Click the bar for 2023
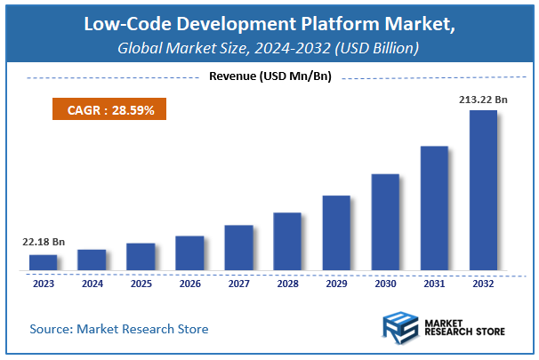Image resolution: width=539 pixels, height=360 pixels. click(x=43, y=261)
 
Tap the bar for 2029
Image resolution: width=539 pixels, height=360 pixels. click(x=335, y=232)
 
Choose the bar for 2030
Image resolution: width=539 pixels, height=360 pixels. click(x=384, y=221)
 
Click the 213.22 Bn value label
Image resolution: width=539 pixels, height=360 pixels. click(x=483, y=100)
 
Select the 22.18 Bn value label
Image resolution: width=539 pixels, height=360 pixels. click(x=44, y=242)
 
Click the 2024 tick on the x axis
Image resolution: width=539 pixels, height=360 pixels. click(x=92, y=284)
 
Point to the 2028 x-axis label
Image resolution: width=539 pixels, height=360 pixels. click(x=286, y=284)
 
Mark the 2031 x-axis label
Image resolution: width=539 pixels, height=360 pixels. click(x=433, y=284)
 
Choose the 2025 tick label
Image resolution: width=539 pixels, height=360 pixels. click(x=141, y=284)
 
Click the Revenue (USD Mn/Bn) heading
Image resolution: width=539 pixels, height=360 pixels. click(x=269, y=76)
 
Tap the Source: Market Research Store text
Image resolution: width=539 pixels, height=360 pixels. click(x=118, y=329)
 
